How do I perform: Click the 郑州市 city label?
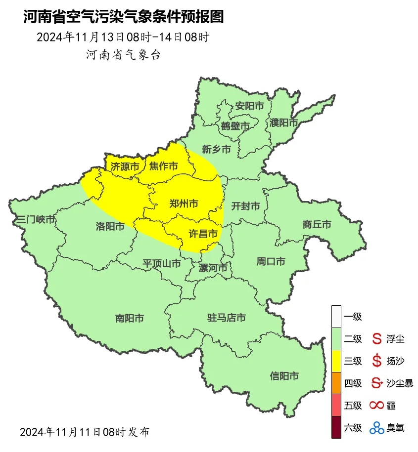coord(184,204)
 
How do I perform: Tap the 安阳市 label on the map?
coord(249,106)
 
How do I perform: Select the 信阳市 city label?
coord(284,376)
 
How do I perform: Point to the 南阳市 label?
coord(130,319)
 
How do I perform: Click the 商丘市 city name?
coord(317,225)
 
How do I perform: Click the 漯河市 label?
coord(213,268)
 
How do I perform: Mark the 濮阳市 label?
coord(284,122)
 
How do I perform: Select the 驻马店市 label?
coord(226,318)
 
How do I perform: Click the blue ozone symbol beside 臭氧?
coord(377,428)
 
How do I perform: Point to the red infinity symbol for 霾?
coord(377,406)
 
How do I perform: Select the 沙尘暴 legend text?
coord(400,383)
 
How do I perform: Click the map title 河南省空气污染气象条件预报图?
coord(124,17)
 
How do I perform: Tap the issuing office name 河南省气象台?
coord(124,55)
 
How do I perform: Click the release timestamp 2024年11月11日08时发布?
coord(85,432)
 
